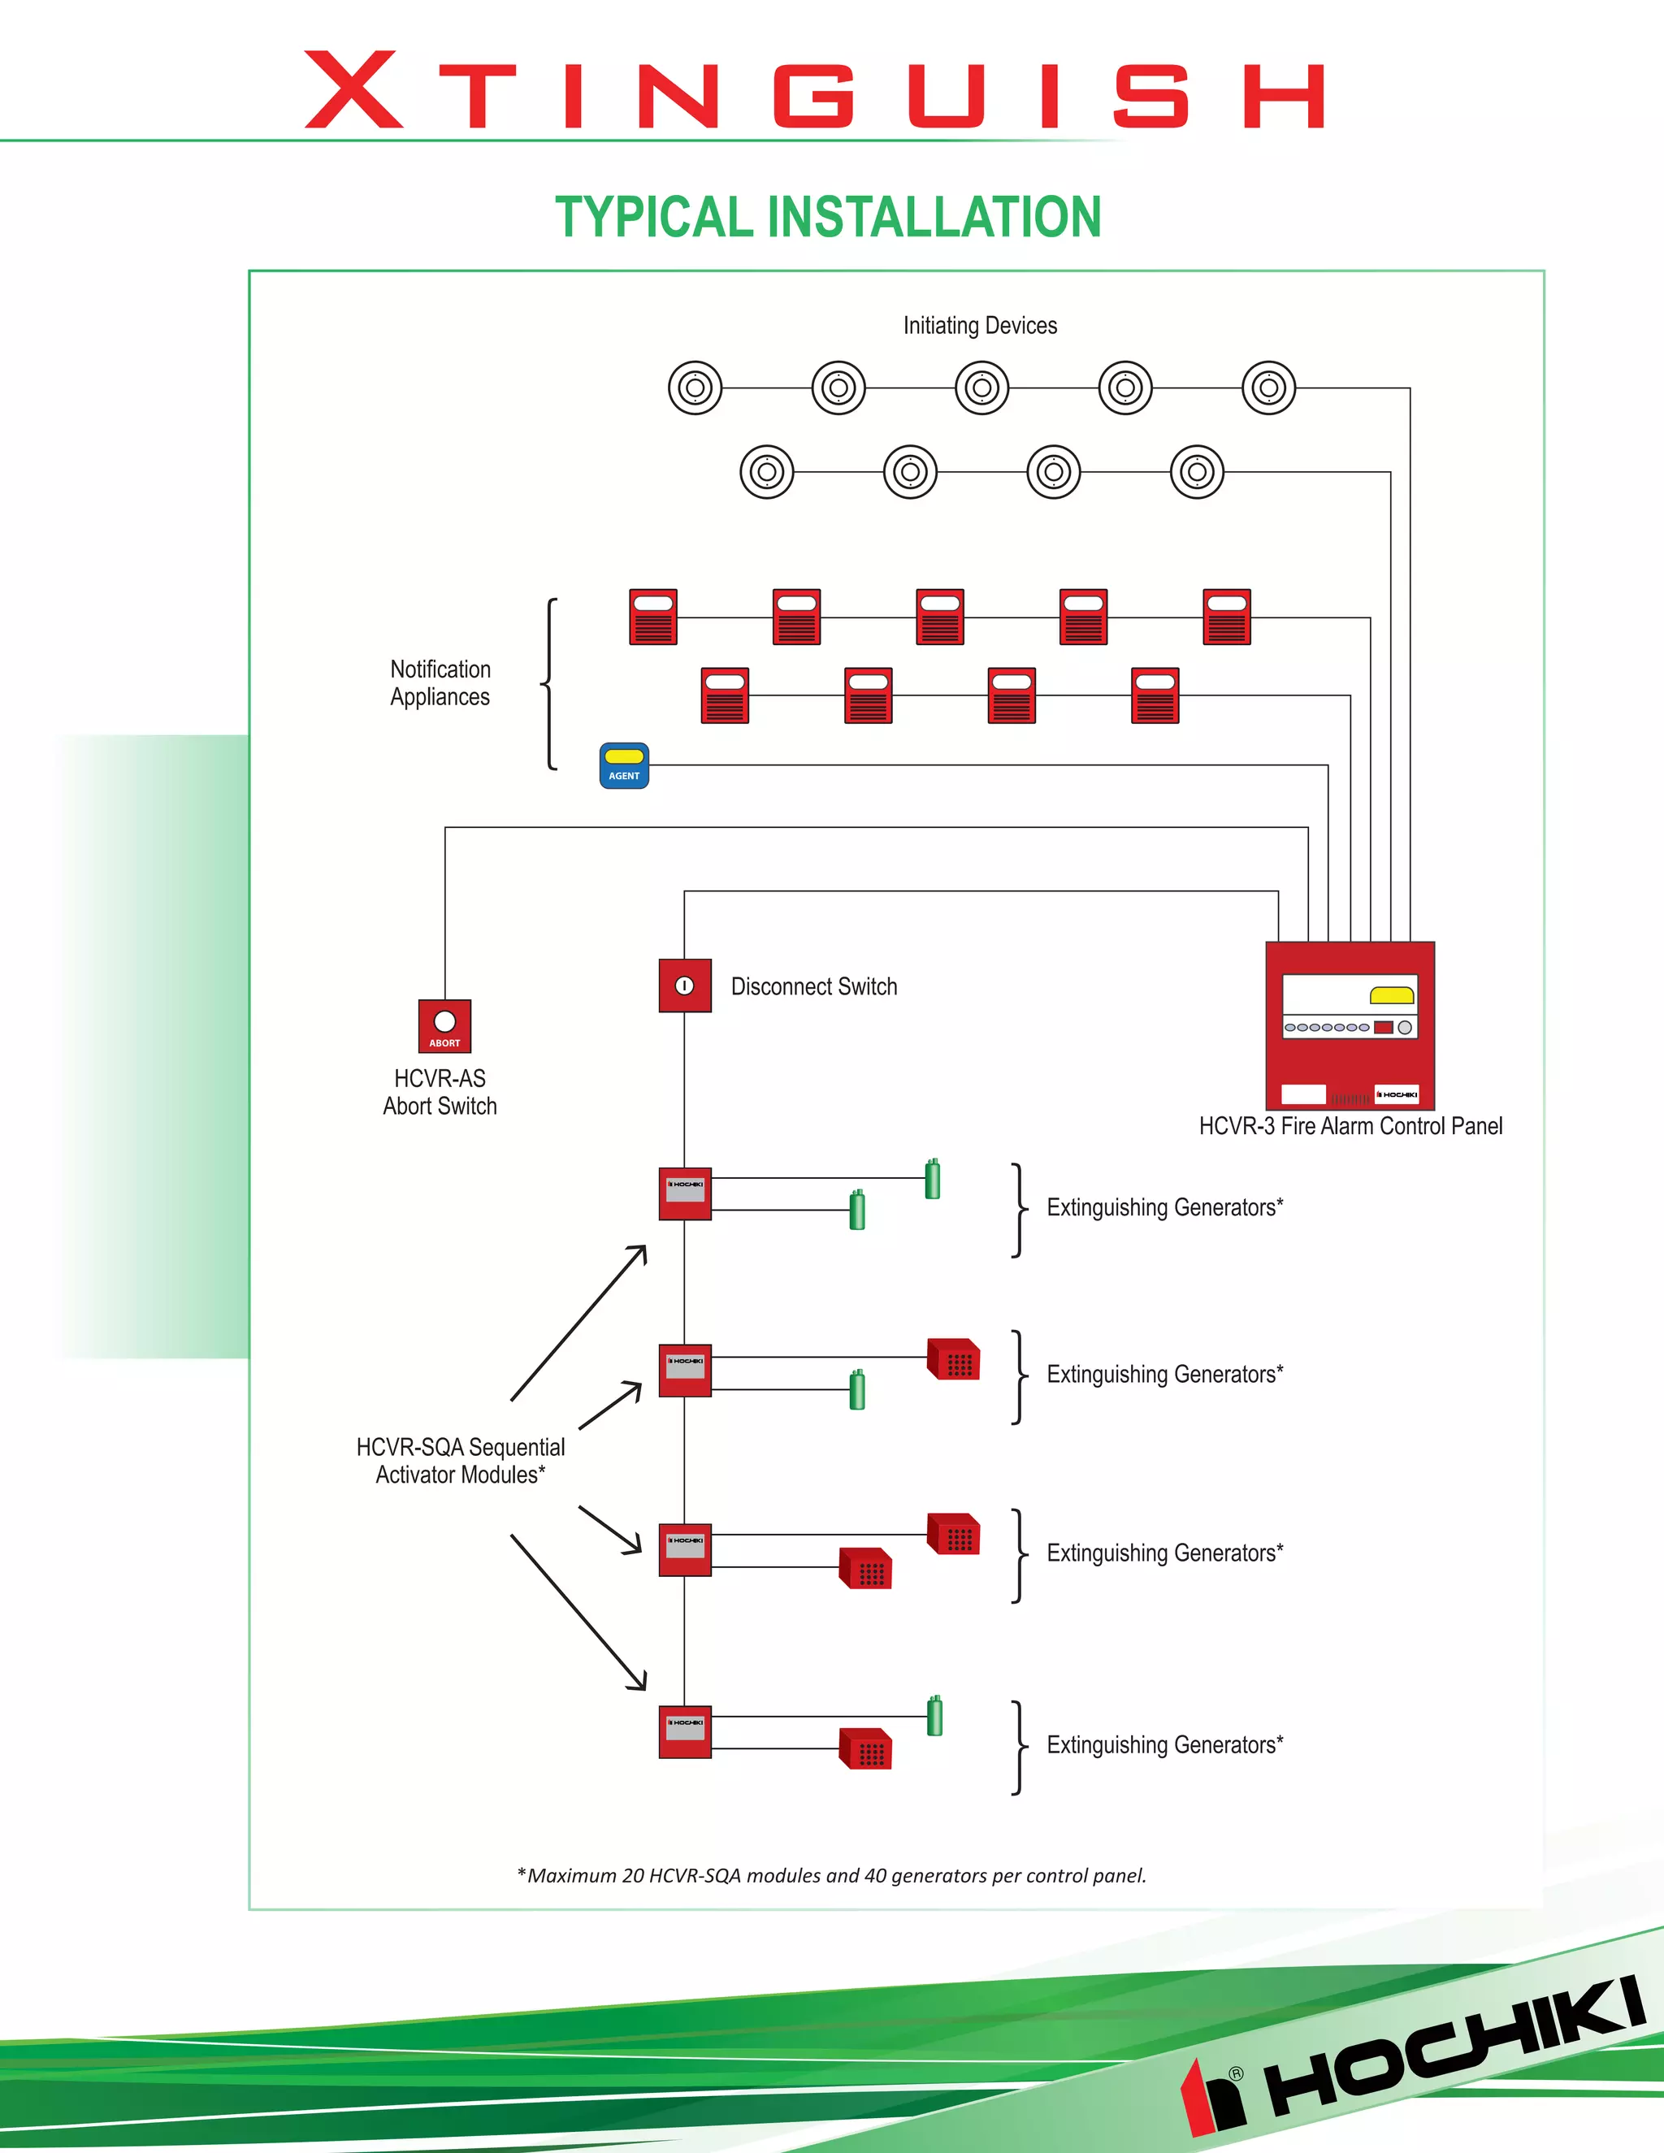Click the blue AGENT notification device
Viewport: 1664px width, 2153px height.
624,766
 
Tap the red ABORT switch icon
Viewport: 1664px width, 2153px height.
444,1026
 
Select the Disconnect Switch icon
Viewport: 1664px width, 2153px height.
685,986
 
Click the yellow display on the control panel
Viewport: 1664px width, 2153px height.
1392,996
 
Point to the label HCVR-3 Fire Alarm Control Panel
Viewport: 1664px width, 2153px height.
1350,1127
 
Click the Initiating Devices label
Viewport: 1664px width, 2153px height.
980,325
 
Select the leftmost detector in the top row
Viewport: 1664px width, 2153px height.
695,388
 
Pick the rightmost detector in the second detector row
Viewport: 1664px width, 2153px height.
1197,472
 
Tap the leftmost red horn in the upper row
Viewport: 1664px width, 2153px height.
653,617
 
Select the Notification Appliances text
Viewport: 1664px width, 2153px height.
440,683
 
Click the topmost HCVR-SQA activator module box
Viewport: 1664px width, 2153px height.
685,1193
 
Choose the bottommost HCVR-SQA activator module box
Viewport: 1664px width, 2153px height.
685,1732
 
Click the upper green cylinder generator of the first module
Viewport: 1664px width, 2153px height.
933,1179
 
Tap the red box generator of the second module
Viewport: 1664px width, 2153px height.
953,1359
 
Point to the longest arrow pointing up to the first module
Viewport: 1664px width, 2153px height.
578,1323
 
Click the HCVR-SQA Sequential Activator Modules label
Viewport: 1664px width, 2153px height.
461,1461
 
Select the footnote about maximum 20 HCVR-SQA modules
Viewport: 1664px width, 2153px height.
832,1876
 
